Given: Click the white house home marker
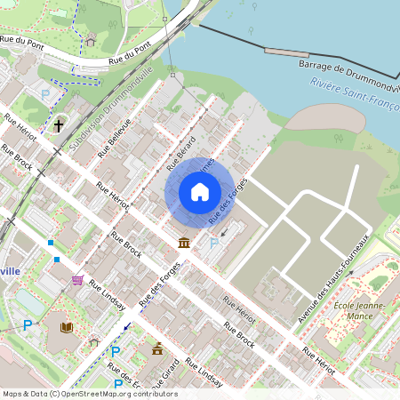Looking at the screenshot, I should pos(200,191).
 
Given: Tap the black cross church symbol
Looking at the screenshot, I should pos(59,125).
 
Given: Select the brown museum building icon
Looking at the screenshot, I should pos(183,243).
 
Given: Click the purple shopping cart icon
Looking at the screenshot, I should pos(78,279).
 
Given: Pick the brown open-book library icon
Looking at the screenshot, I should pos(67,327).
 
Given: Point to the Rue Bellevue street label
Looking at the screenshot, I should pos(114,138).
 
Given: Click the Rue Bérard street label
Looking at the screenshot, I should pos(180,153).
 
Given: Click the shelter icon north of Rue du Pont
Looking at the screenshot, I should pos(90,40).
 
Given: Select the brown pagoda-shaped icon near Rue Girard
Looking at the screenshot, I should pos(158,348).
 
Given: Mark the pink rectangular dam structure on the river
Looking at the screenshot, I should pos(286,52).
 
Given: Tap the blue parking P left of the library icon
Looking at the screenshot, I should pos(28,325).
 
